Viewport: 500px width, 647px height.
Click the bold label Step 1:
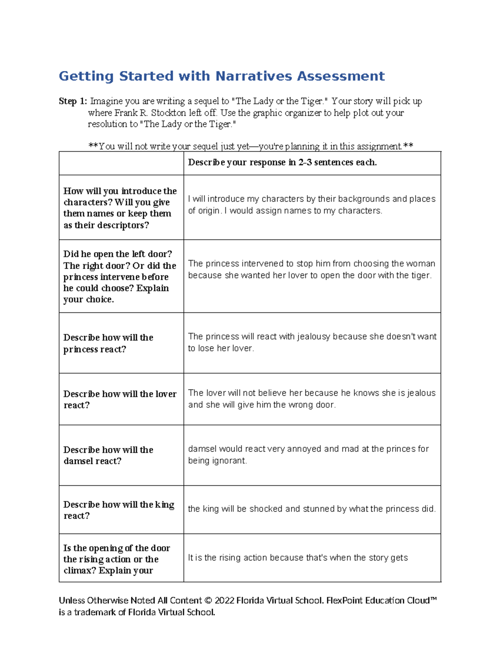73,101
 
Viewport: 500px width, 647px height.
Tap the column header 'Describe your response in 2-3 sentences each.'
282,162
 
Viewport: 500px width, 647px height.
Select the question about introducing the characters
120,208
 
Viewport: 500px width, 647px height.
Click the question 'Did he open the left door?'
117,254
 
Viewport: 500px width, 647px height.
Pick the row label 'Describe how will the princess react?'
108,343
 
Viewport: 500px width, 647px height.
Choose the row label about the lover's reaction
120,400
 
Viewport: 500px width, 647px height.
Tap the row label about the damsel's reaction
108,455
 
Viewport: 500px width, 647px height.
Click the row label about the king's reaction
118,510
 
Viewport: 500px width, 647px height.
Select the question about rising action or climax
117,559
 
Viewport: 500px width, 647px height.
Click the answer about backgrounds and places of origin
311,205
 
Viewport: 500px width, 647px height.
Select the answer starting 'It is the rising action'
297,558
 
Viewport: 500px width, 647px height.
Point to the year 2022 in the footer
224,601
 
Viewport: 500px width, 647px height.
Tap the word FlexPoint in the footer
344,601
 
